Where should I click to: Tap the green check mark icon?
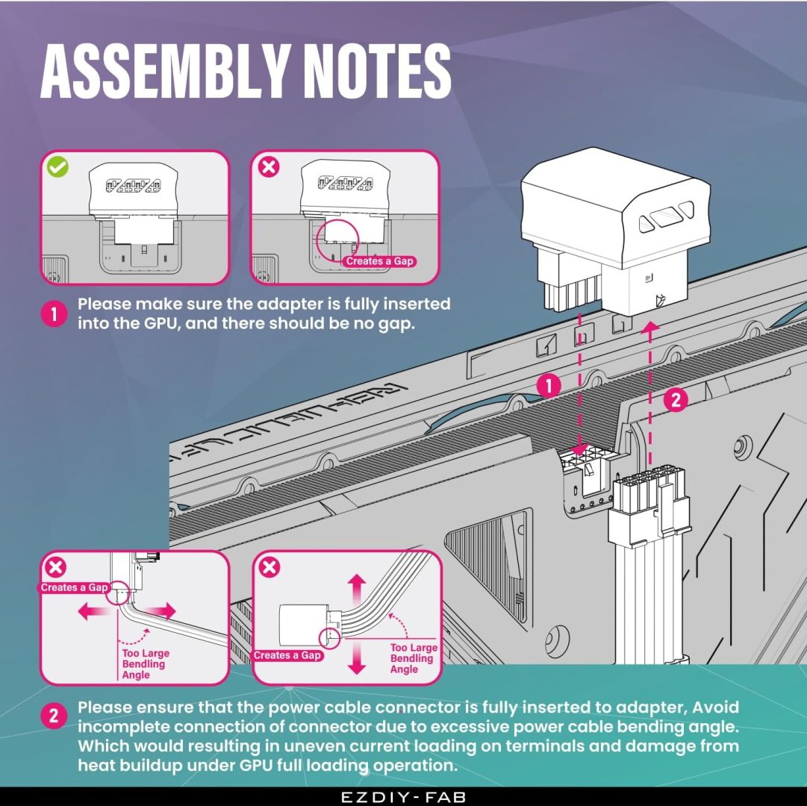[x=57, y=166]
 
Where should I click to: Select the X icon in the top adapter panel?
[x=269, y=166]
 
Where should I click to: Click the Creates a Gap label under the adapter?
[x=379, y=261]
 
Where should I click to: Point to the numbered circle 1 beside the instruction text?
[x=54, y=314]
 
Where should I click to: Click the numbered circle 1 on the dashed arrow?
[x=549, y=385]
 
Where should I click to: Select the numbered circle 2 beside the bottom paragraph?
[x=54, y=717]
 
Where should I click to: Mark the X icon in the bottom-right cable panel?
[x=269, y=568]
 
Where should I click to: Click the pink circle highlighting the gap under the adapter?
[x=337, y=240]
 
